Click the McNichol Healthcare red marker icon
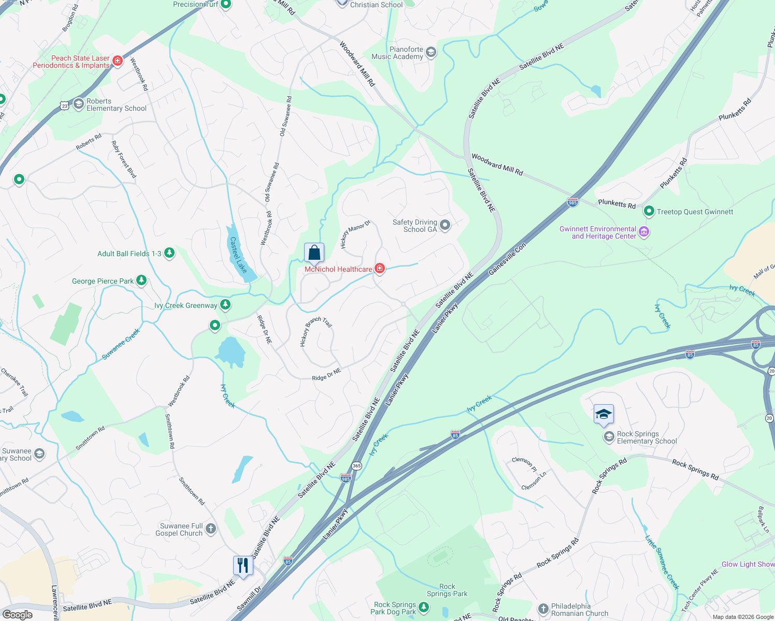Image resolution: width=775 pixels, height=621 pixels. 380,268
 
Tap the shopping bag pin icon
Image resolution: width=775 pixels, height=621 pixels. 314,253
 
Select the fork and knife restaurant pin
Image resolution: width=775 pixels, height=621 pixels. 243,565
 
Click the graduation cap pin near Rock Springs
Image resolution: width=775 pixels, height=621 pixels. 604,415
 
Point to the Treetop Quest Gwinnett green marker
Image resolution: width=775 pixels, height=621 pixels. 649,211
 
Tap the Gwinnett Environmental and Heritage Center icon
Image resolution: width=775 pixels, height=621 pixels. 644,232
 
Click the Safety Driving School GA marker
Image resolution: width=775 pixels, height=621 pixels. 445,225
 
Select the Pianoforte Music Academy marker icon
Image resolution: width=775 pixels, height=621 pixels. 430,52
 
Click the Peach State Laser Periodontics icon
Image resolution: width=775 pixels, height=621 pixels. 118,61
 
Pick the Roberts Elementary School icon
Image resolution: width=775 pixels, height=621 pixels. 78,104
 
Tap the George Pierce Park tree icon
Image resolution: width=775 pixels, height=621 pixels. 141,280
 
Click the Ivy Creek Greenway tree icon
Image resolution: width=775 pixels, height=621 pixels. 225,305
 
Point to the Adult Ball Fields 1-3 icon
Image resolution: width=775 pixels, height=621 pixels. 169,253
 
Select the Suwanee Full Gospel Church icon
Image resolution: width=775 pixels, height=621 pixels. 210,529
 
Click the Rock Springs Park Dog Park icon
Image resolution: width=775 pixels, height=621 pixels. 424,608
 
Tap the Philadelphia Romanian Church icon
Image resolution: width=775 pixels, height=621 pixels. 543,609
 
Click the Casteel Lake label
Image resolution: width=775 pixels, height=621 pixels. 238,255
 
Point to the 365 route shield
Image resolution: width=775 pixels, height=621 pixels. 356,466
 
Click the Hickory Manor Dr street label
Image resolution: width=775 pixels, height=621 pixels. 355,234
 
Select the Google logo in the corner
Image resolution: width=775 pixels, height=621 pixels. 17,615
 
